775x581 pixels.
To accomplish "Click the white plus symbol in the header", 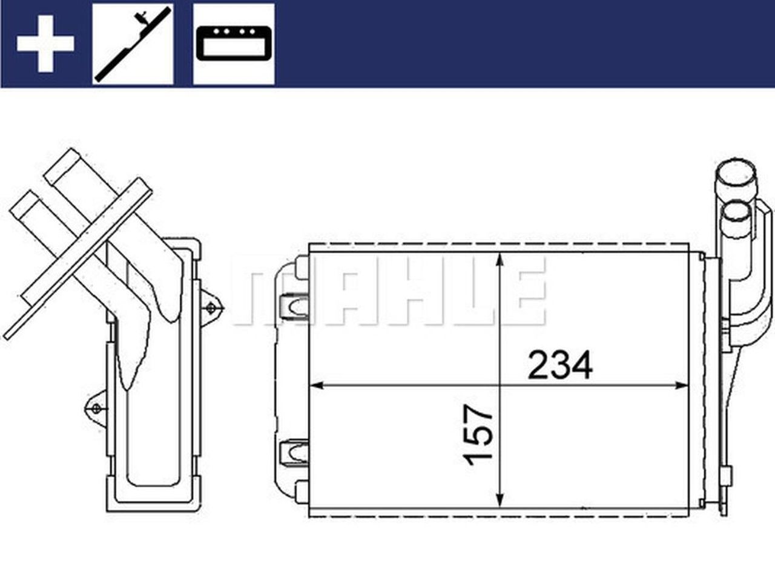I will [45, 44].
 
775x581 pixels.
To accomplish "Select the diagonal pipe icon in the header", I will [133, 44].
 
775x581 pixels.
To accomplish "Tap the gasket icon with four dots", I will [233, 44].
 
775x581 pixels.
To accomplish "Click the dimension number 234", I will [560, 366].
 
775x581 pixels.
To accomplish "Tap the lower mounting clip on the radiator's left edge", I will [295, 451].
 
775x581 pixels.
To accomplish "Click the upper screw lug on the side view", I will [210, 308].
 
